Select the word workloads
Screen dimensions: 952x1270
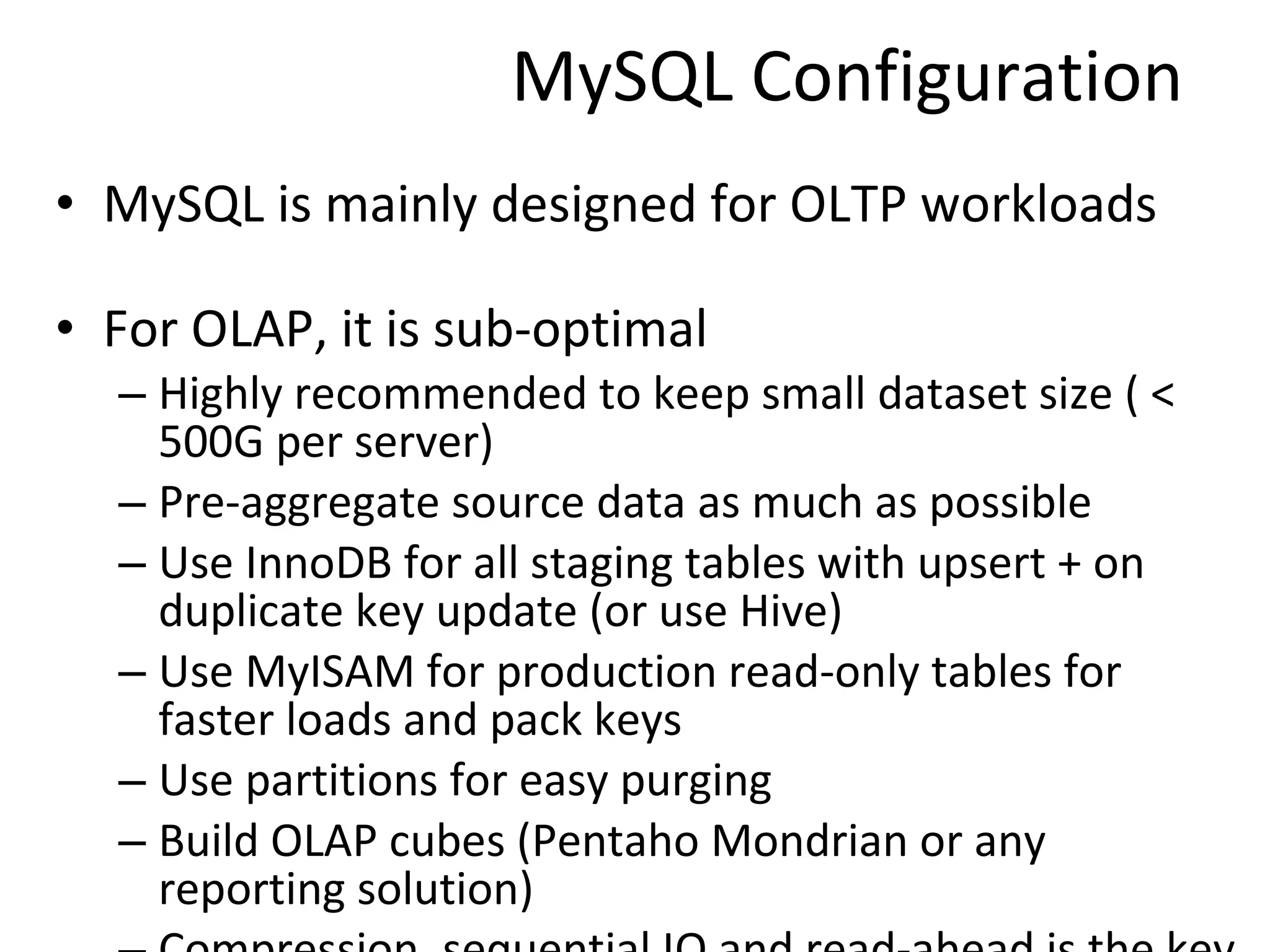coord(1039,205)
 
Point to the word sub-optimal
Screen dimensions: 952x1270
coord(569,330)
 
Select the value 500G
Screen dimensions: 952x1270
coord(211,443)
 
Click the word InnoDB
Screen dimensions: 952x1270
coord(319,563)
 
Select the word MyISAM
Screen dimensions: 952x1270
coord(329,672)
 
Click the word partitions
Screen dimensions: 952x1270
coord(342,781)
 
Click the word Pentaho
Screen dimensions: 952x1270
coord(614,842)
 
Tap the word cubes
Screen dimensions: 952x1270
coord(447,842)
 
